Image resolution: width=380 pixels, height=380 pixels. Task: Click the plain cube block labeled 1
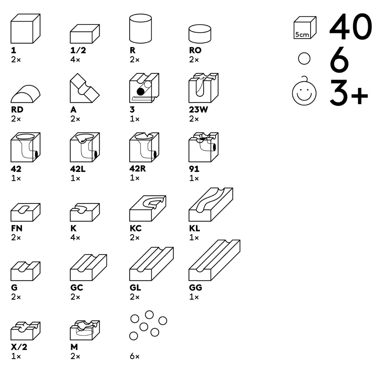(x=25, y=29)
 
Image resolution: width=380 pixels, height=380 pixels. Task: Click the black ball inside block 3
(x=140, y=92)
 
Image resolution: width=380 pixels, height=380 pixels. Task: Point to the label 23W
(x=199, y=110)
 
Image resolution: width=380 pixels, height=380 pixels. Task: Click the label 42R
(x=138, y=169)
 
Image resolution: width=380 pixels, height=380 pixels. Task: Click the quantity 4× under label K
(x=75, y=238)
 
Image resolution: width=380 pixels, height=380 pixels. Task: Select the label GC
(x=77, y=288)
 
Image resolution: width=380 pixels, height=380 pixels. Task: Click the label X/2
(x=19, y=347)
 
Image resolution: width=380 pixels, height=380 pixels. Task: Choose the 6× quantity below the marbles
(x=135, y=357)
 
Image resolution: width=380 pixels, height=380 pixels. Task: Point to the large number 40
(x=350, y=28)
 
